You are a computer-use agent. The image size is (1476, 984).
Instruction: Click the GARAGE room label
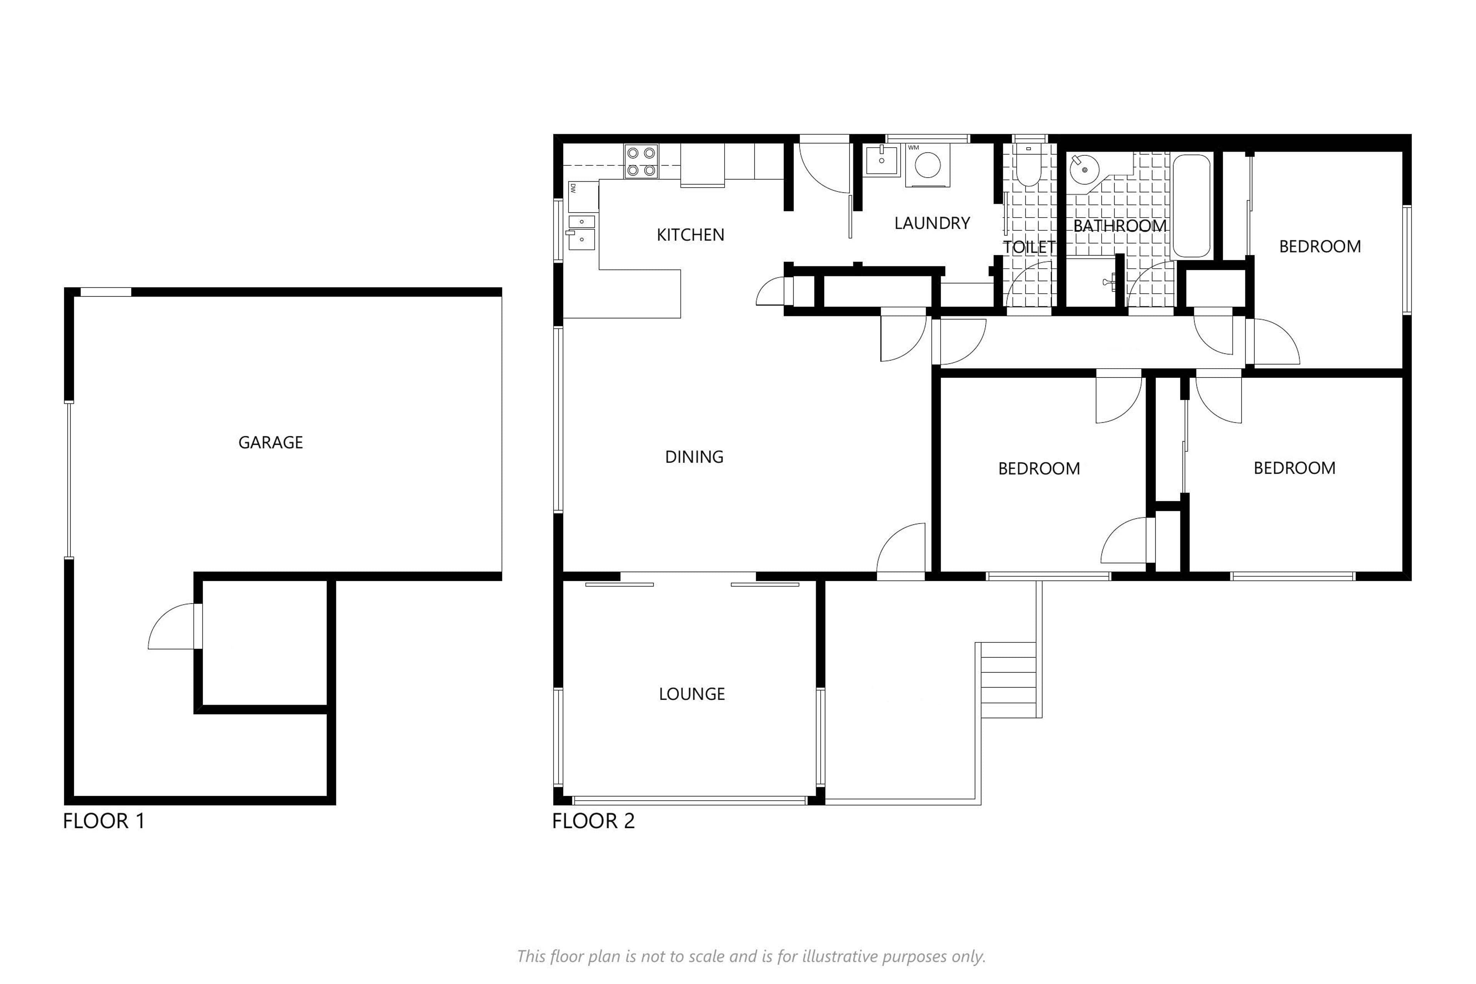tap(271, 442)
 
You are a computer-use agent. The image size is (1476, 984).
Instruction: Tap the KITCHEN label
tap(690, 235)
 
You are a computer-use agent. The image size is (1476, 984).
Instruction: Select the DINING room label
tap(694, 457)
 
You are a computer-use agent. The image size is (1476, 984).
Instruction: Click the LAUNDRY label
tap(932, 223)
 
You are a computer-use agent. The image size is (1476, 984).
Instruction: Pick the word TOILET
tap(1029, 247)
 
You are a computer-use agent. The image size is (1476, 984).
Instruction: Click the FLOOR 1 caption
tap(104, 821)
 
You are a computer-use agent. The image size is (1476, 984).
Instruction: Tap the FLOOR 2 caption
tap(593, 821)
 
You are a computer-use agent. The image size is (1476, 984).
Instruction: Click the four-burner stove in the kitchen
tap(641, 161)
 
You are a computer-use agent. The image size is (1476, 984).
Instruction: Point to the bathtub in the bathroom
tap(1190, 206)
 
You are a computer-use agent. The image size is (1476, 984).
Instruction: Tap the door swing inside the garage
tap(171, 626)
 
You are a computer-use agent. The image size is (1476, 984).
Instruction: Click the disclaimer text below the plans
tap(751, 956)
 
